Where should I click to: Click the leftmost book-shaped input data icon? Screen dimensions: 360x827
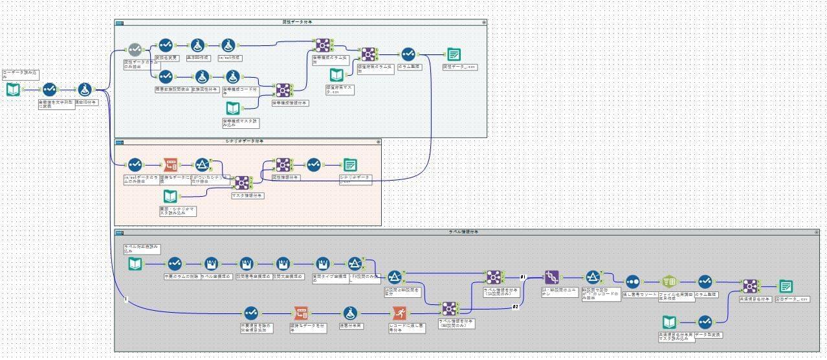coord(14,90)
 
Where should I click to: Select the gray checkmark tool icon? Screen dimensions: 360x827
coord(135,50)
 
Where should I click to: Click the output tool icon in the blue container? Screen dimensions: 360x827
coord(454,55)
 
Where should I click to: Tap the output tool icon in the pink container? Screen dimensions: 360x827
coord(350,165)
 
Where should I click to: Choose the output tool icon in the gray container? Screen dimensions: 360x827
coord(786,286)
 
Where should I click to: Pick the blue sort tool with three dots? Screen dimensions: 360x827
coord(633,282)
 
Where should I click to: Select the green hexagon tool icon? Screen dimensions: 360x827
coord(668,282)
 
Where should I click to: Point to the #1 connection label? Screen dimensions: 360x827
coord(523,277)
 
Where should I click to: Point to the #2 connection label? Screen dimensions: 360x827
coord(514,306)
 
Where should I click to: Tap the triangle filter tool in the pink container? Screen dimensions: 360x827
coord(202,165)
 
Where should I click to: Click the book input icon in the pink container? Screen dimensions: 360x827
coord(170,196)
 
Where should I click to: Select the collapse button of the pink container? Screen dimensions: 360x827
coord(378,141)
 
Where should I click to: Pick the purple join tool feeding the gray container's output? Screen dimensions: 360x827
coord(749,286)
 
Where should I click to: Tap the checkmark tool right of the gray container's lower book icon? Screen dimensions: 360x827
coord(705,322)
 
